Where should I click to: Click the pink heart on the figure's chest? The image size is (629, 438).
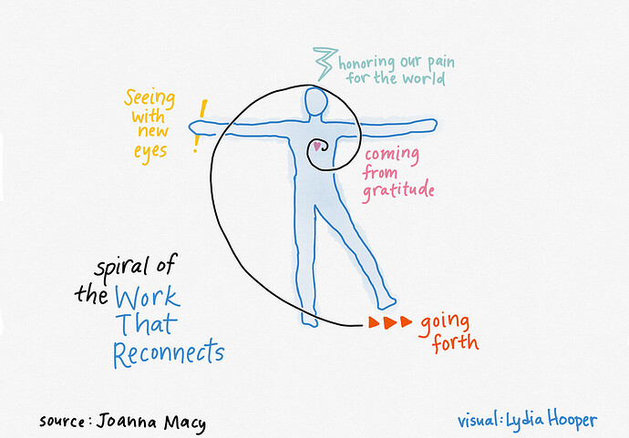(317, 147)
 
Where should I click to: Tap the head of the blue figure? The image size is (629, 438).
(316, 102)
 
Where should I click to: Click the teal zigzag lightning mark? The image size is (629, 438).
(325, 64)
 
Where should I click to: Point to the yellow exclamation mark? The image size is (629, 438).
(200, 126)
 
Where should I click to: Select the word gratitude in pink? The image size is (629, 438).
(398, 191)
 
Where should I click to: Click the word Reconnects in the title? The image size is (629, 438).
(169, 353)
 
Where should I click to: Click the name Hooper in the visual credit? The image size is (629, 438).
(572, 421)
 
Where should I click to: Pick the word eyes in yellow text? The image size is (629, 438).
(150, 153)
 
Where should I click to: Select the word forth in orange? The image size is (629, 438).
(455, 343)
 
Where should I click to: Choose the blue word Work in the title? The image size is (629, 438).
(148, 297)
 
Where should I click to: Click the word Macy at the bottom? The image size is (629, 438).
(185, 423)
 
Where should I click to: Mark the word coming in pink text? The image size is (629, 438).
(392, 155)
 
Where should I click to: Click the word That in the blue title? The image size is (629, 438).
(147, 323)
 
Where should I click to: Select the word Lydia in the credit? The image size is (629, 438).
(525, 421)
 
